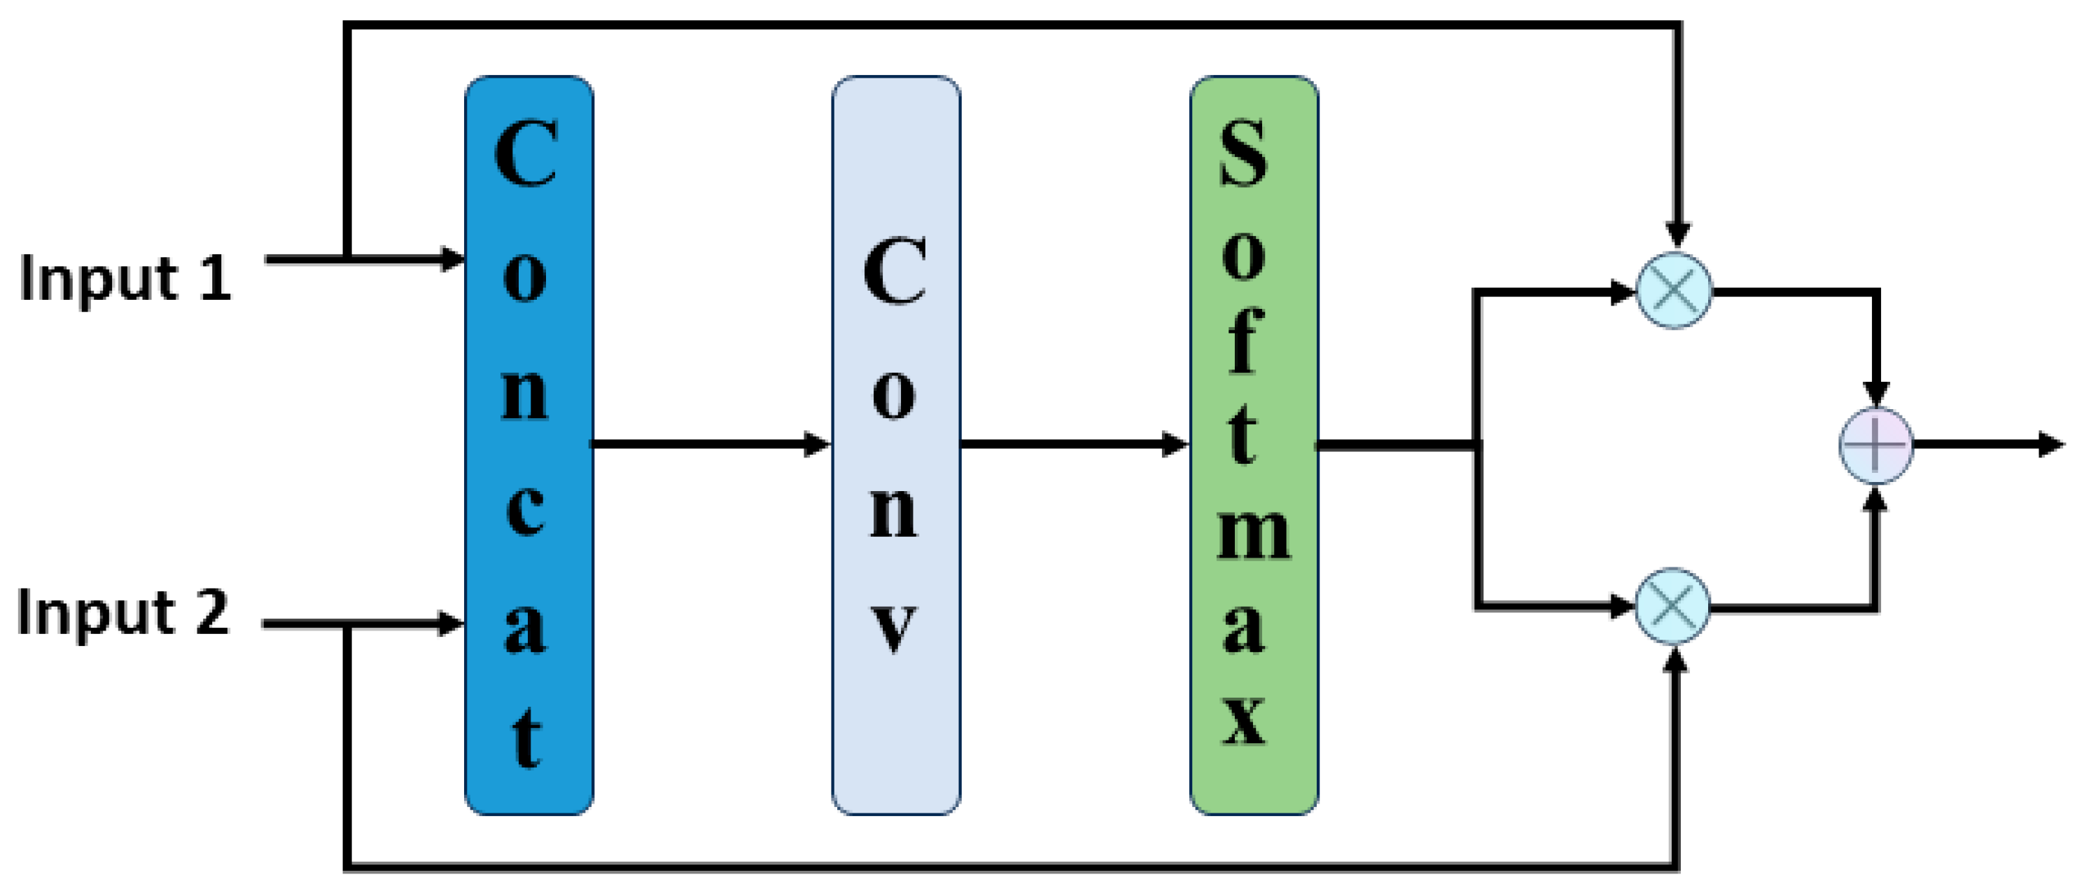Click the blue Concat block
(529, 446)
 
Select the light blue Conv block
(896, 446)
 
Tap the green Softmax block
(1254, 446)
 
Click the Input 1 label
(125, 278)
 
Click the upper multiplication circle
(1674, 291)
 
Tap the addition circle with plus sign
(1875, 446)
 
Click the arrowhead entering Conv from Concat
(818, 443)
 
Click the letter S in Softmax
(1243, 153)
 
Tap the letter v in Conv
(894, 628)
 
